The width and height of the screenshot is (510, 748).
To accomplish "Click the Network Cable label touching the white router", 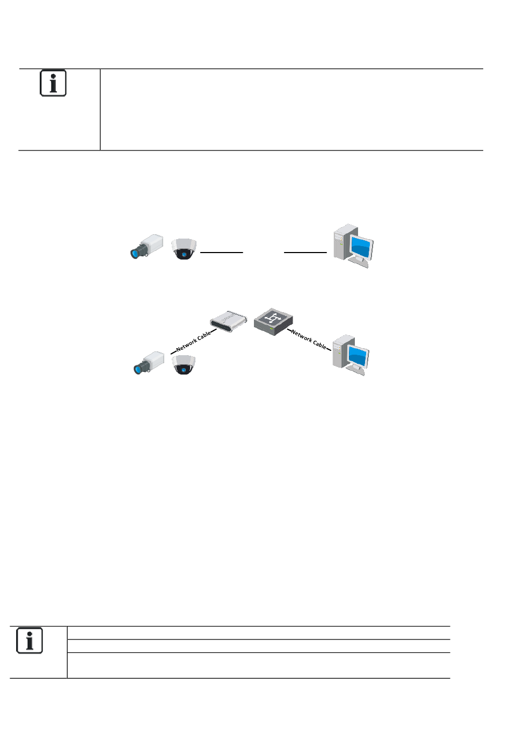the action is pyautogui.click(x=193, y=342).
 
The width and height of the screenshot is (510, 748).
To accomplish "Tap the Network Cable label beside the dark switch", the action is pyautogui.click(x=309, y=339).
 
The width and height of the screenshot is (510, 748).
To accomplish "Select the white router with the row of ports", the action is pyautogui.click(x=229, y=321).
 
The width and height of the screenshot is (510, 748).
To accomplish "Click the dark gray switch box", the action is pyautogui.click(x=273, y=322).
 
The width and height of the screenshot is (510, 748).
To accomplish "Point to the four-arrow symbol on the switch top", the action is pyautogui.click(x=272, y=318).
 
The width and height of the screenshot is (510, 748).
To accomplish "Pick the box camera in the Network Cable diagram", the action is pyautogui.click(x=149, y=363).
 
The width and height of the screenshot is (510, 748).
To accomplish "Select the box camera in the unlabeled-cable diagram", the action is pyautogui.click(x=147, y=246).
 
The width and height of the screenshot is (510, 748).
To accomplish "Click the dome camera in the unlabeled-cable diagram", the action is pyautogui.click(x=184, y=249).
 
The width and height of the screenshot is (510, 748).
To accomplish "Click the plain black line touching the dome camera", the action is pyautogui.click(x=221, y=252).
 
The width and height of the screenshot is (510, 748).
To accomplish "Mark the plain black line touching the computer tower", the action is pyautogui.click(x=305, y=252).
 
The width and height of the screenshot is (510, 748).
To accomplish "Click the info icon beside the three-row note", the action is pyautogui.click(x=30, y=641).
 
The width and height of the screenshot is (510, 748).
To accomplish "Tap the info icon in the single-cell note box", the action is pyautogui.click(x=53, y=83).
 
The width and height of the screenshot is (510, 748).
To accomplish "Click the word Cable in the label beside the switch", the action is pyautogui.click(x=319, y=344).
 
